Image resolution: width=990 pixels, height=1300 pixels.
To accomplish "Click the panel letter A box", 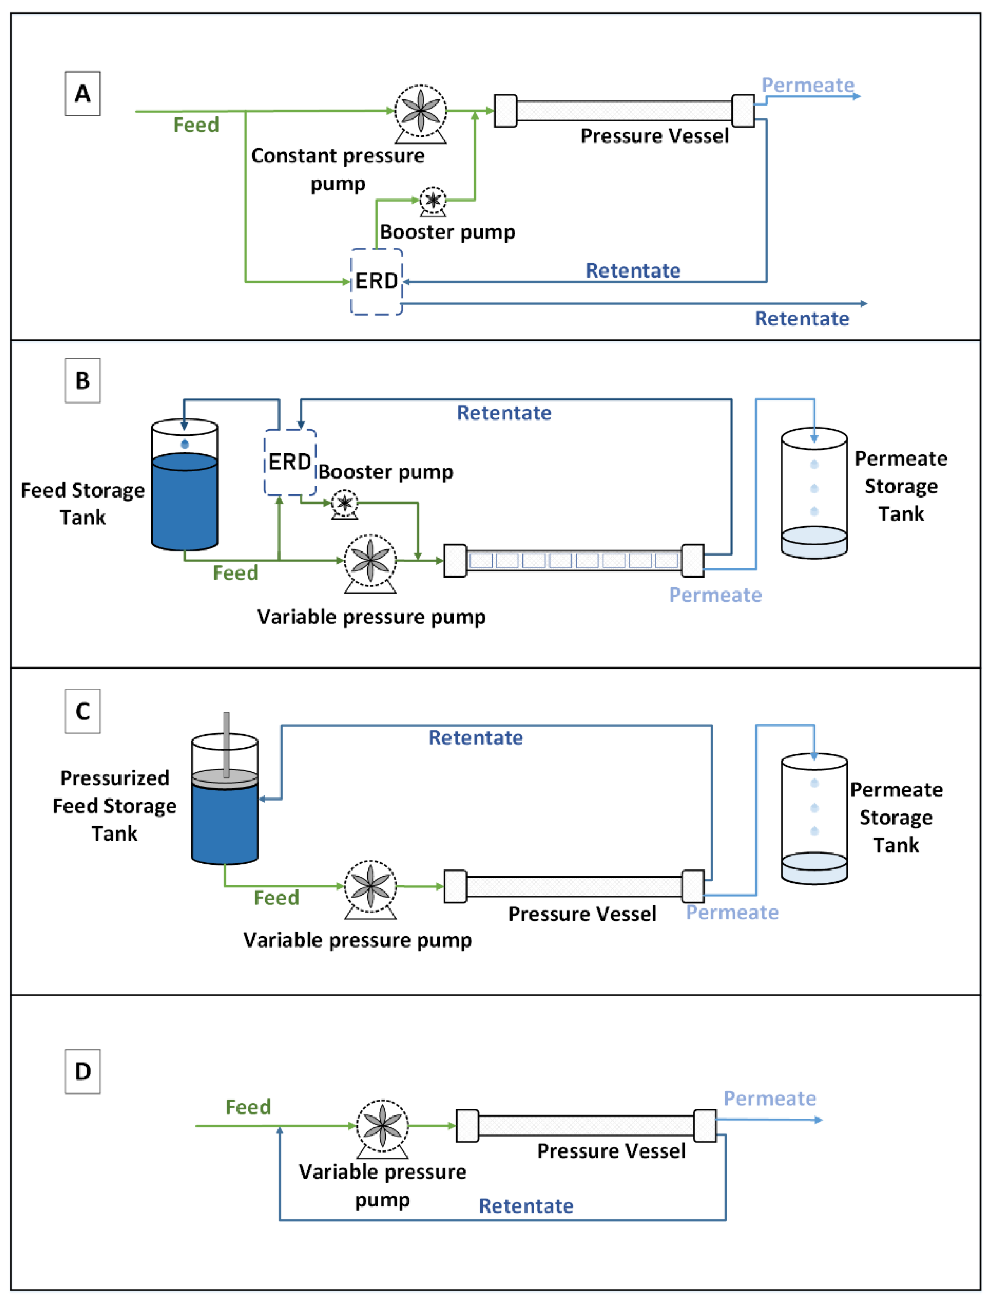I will tap(82, 94).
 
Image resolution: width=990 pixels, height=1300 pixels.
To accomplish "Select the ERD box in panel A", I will tap(377, 282).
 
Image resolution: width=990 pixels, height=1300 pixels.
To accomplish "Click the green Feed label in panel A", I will tap(196, 125).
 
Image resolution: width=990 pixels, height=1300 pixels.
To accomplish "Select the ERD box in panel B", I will tap(290, 462).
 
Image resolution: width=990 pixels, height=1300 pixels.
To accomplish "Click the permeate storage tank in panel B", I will tap(814, 494).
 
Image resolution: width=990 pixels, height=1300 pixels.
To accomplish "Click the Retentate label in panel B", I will tap(504, 413).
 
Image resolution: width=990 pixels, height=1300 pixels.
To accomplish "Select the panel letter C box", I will tap(82, 711).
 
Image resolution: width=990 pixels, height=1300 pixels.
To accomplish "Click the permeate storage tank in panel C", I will tap(814, 819).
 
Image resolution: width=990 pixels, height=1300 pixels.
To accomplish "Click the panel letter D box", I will tap(82, 1071).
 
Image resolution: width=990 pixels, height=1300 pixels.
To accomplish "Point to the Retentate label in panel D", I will tap(526, 1206).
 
